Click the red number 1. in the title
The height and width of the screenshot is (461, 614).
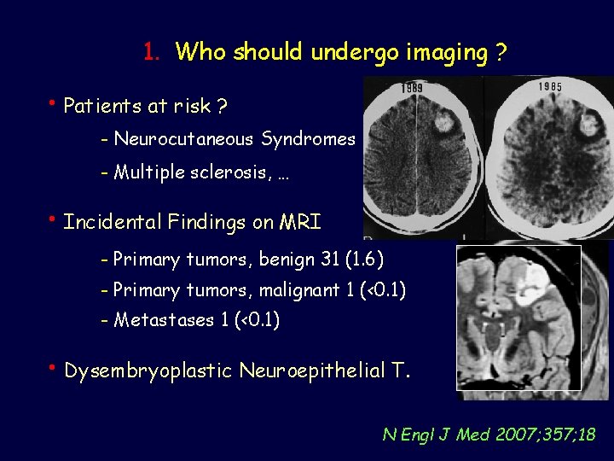pyautogui.click(x=153, y=52)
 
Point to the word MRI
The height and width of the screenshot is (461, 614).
pyautogui.click(x=301, y=223)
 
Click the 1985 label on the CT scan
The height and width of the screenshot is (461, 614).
pyautogui.click(x=550, y=86)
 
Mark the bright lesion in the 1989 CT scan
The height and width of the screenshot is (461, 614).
pyautogui.click(x=444, y=125)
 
